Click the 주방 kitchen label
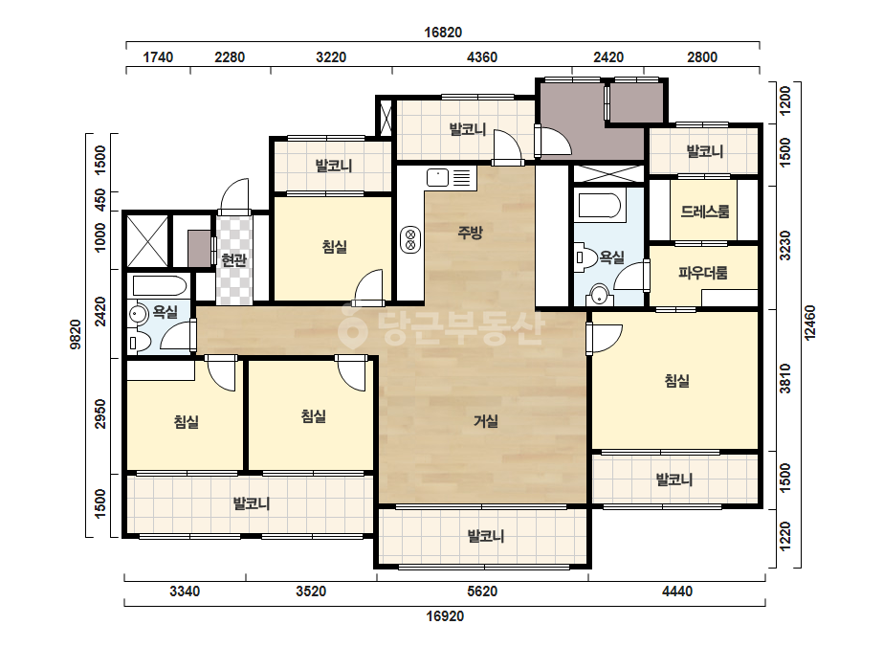click(470, 233)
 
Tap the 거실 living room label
click(485, 421)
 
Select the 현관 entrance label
click(233, 259)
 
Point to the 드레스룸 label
click(704, 212)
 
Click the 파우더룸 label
click(703, 274)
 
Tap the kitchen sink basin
click(437, 177)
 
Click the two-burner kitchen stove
click(410, 239)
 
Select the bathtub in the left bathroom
click(158, 285)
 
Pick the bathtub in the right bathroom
click(600, 206)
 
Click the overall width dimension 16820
click(443, 33)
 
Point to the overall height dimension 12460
click(809, 323)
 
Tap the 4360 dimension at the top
click(482, 56)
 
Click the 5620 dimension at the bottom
click(482, 591)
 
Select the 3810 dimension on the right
click(785, 379)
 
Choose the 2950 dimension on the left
click(100, 413)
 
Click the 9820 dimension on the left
click(76, 335)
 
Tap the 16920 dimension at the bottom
click(445, 616)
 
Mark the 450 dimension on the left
click(100, 200)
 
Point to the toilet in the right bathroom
click(586, 258)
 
